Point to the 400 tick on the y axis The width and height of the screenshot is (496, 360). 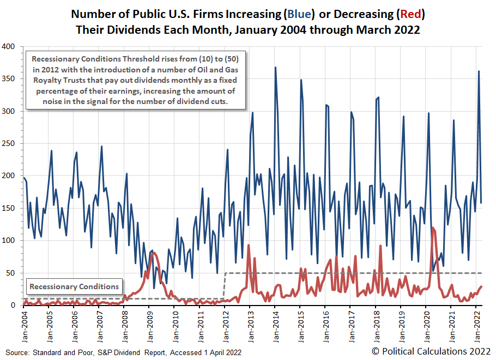[12, 46]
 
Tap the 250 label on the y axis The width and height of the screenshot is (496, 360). [12, 143]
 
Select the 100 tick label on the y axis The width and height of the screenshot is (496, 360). [12, 240]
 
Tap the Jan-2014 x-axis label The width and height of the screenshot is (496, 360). [275, 325]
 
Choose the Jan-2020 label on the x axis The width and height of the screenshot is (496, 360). [426, 325]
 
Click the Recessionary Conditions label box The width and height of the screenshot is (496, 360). [74, 286]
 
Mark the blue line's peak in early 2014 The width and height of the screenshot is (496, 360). [275, 68]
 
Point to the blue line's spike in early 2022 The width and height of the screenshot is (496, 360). [479, 71]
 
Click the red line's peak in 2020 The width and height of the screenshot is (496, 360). [433, 228]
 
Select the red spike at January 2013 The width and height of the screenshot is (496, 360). [249, 245]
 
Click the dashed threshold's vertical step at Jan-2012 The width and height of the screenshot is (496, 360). [225, 285]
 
